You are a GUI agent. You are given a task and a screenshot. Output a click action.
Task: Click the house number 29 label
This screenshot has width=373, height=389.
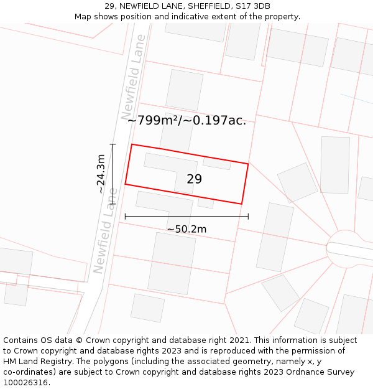click(x=194, y=179)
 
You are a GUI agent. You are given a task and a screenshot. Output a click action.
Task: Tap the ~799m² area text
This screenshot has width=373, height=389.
click(x=152, y=121)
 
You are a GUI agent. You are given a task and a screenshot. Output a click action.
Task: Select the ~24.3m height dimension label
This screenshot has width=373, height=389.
click(x=101, y=174)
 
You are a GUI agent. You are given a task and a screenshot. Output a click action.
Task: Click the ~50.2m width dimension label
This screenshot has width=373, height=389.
click(x=186, y=229)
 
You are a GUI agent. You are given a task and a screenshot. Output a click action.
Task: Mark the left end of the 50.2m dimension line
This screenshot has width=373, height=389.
click(x=126, y=217)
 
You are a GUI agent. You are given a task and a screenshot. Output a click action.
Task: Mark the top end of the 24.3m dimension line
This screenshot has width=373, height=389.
click(x=113, y=144)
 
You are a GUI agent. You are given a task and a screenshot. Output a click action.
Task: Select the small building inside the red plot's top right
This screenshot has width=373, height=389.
click(x=217, y=164)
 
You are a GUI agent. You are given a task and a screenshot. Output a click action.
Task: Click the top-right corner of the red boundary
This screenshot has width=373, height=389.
click(x=248, y=164)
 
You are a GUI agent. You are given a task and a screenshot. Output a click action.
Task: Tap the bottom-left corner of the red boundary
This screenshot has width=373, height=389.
click(x=126, y=184)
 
